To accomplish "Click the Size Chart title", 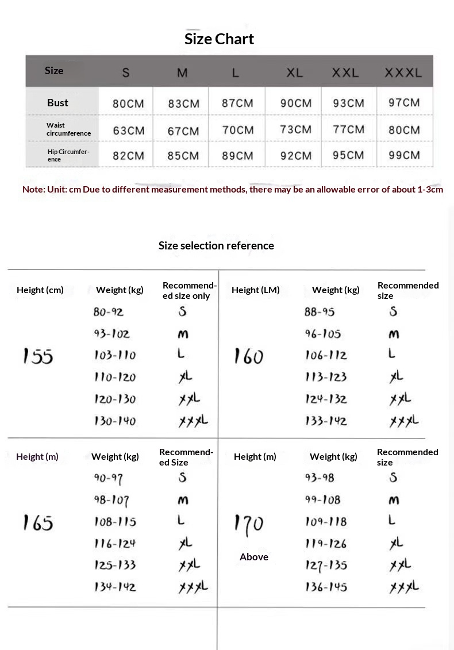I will [x=219, y=39].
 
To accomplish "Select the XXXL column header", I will [x=403, y=73].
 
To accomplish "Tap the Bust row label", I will [x=57, y=103].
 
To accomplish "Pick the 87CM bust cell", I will [x=237, y=103].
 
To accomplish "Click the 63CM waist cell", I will [x=129, y=130].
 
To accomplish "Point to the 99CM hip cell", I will [x=404, y=155].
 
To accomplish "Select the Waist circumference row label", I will [x=68, y=129].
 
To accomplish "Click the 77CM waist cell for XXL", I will [x=348, y=129].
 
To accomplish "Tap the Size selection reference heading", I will [x=216, y=246].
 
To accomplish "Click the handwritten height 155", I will [x=38, y=356].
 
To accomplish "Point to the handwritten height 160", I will [x=248, y=356].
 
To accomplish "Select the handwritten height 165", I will [x=38, y=522].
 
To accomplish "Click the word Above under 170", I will [x=254, y=557].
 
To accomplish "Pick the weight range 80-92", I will [x=109, y=312].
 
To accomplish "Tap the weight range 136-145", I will [x=326, y=587].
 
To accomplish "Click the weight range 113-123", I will [x=326, y=378].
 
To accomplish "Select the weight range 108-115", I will [x=115, y=522].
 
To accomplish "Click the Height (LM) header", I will [x=256, y=290].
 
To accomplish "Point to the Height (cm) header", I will [x=40, y=290].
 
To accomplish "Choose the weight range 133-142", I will [x=326, y=421].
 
